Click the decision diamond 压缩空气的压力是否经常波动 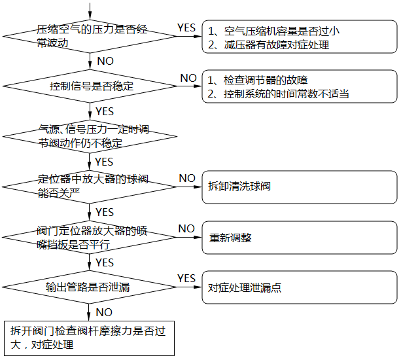pos(90,37)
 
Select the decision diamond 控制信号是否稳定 pos(90,86)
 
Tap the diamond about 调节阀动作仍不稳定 pos(90,136)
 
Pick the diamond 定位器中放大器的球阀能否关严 pos(90,186)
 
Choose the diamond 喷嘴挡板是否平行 pos(90,236)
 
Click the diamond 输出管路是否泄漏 pos(90,287)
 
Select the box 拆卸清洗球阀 pos(299,187)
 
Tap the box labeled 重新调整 pos(299,237)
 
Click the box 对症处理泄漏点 pos(299,287)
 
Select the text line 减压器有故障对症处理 pos(268,45)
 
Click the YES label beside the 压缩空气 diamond pos(186,27)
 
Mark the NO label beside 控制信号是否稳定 pos(188,78)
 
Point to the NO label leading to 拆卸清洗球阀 pos(187,178)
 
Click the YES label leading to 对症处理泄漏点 pos(186,279)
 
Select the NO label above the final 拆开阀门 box pos(104,312)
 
